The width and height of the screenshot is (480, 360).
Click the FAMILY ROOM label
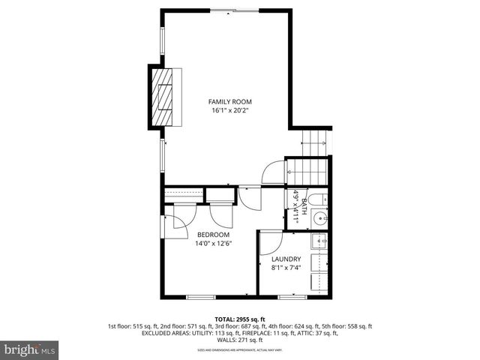(x=229, y=101)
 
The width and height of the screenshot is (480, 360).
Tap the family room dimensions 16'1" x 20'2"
(x=229, y=110)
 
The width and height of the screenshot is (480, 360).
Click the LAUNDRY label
(x=286, y=259)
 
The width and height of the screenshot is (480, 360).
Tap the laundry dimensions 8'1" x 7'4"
(x=286, y=268)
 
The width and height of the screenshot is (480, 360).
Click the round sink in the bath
(x=320, y=219)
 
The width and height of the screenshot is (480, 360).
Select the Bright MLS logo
(x=30, y=349)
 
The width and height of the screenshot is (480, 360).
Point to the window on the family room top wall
(x=235, y=10)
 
